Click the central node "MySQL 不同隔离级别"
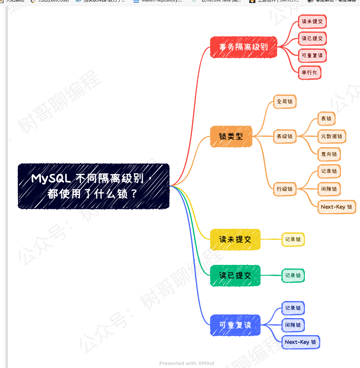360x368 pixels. (93, 186)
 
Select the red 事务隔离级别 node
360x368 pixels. (243, 47)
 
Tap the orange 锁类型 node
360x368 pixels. (231, 136)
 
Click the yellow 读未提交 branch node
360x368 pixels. (235, 239)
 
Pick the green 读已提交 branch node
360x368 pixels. (235, 275)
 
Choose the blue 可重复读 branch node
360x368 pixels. (235, 325)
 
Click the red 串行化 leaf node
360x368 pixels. (309, 72)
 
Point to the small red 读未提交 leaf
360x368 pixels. (312, 21)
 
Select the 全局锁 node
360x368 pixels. (285, 101)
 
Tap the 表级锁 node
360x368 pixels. (285, 136)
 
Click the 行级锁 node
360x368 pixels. (285, 189)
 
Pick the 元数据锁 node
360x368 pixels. (332, 136)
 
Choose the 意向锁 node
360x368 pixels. (329, 154)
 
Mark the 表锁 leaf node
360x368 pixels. (326, 119)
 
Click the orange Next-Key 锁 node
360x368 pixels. (336, 207)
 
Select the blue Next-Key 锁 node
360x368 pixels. (300, 342)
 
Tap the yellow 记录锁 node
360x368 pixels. (293, 239)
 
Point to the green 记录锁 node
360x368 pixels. (293, 275)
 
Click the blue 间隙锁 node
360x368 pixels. (293, 325)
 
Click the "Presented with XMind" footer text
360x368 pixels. (187, 363)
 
